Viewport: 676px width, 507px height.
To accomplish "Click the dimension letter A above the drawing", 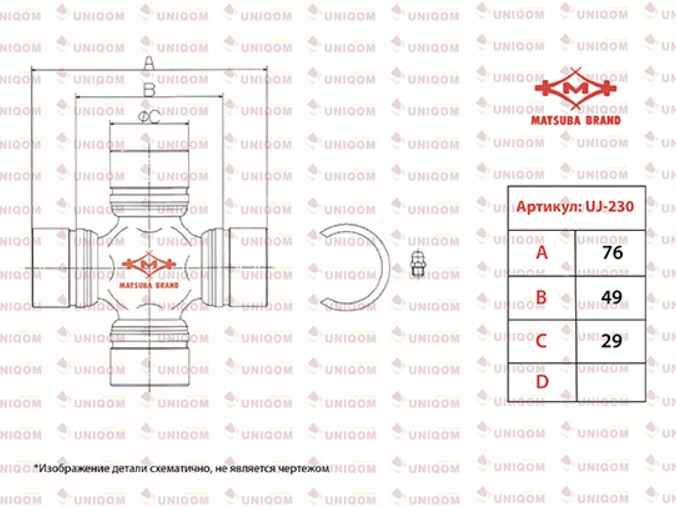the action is click(x=149, y=63).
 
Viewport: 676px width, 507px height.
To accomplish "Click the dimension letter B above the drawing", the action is click(x=149, y=90).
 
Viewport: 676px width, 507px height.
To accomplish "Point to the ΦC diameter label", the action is click(x=149, y=117).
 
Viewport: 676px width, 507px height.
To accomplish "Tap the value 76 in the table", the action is click(x=612, y=253).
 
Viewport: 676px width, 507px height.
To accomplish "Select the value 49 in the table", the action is click(x=612, y=297).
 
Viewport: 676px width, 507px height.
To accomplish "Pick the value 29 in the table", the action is click(x=612, y=341).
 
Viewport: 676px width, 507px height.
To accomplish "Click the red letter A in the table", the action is click(x=542, y=253).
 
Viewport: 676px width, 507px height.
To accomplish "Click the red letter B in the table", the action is click(x=541, y=297).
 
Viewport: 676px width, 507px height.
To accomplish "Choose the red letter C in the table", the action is click(x=541, y=341).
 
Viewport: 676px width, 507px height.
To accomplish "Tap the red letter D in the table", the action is click(x=542, y=382).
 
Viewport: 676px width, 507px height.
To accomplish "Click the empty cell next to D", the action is click(x=611, y=383).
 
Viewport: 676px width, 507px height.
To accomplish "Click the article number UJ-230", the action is click(x=610, y=206).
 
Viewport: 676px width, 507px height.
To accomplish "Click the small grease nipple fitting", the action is click(x=417, y=264).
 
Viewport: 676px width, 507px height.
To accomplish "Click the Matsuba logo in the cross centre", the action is click(x=149, y=270).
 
